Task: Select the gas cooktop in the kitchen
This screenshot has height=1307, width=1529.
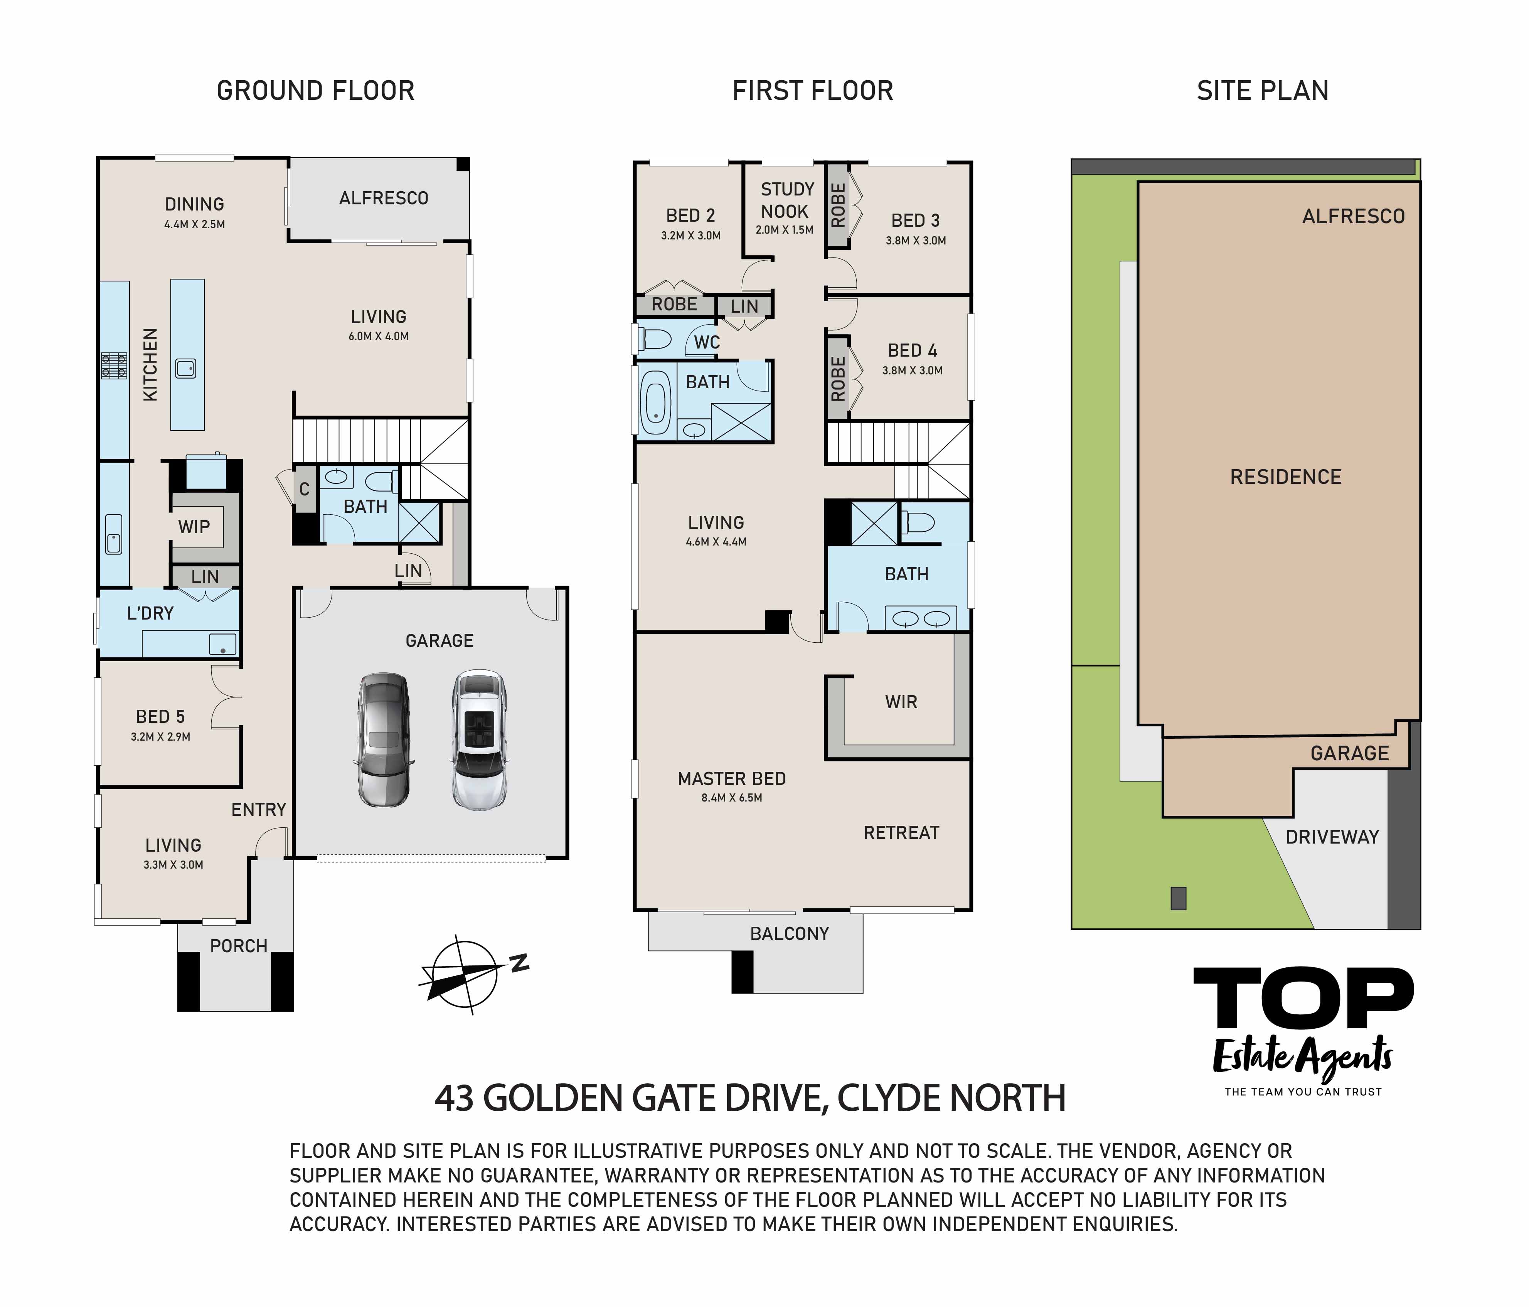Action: pyautogui.click(x=115, y=366)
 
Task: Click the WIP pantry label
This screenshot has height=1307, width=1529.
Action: pyautogui.click(x=194, y=527)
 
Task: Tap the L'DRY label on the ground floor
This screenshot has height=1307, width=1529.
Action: pyautogui.click(x=150, y=613)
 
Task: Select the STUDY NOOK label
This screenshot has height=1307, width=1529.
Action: pyautogui.click(x=786, y=201)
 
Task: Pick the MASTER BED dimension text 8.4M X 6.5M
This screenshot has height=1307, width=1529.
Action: pyautogui.click(x=731, y=798)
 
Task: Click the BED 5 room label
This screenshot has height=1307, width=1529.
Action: pyautogui.click(x=160, y=717)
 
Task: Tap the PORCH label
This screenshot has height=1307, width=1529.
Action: pyautogui.click(x=238, y=946)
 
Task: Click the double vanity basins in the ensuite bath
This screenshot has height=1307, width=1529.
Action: pyautogui.click(x=921, y=618)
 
